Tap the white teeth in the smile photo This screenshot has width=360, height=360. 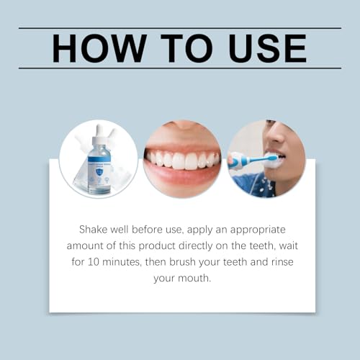pyautogui.click(x=181, y=160)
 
